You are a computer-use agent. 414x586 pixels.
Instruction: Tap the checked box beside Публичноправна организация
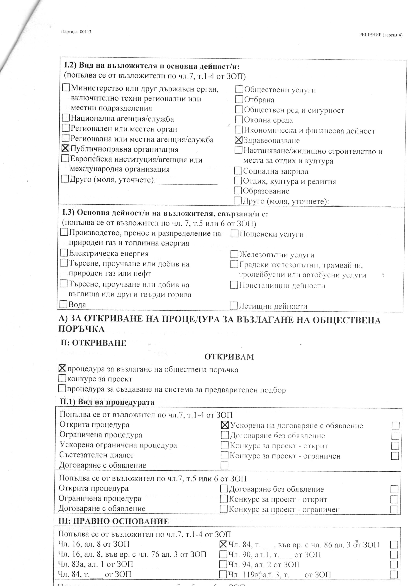point(66,149)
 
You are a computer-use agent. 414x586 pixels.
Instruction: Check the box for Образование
point(238,190)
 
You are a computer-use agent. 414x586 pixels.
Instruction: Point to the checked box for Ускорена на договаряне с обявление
point(225,425)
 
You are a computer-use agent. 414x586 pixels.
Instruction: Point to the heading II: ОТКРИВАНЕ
point(93,343)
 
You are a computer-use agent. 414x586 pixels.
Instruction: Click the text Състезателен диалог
point(97,455)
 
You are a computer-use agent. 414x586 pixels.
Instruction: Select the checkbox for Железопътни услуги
point(234,254)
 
